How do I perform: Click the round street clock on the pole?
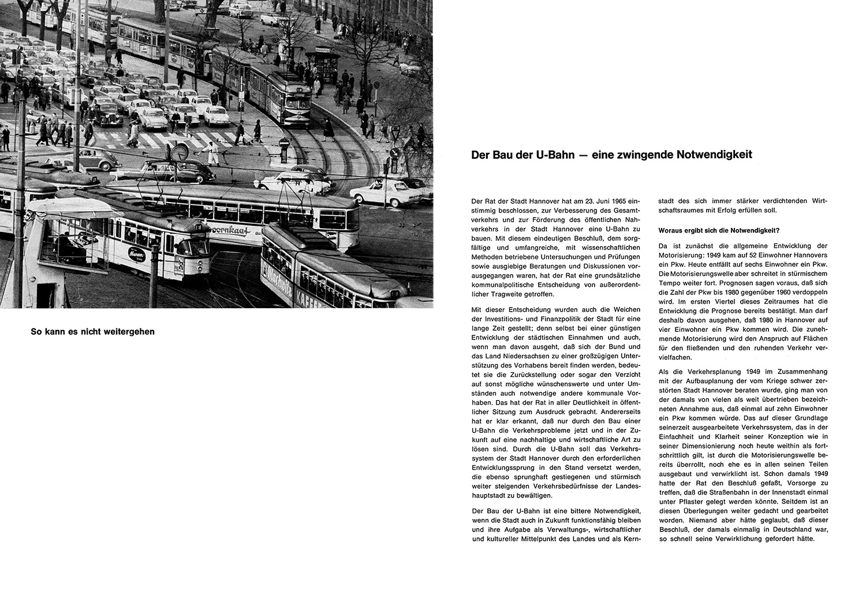click(x=180, y=152)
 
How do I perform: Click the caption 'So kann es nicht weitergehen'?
click(x=92, y=332)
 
